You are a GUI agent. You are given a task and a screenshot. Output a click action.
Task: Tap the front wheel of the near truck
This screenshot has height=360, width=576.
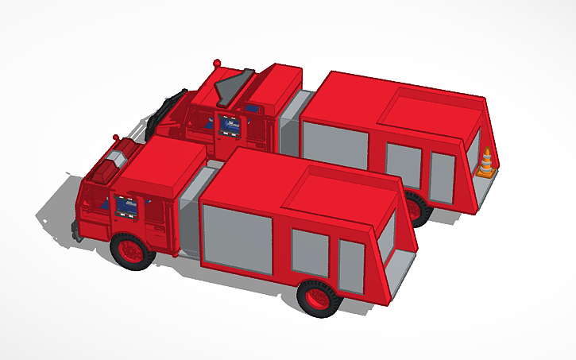tap(131, 250)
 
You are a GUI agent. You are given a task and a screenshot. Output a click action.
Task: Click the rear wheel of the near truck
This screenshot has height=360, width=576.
tap(319, 297)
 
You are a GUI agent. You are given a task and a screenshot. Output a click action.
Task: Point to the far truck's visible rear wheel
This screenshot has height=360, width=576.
tap(418, 208)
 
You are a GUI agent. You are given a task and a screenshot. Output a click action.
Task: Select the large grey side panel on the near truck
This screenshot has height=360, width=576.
tap(238, 238)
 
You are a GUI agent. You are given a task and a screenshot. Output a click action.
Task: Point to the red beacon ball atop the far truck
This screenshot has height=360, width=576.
tap(216, 62)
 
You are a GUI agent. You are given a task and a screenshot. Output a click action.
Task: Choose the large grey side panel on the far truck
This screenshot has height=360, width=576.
tap(334, 145)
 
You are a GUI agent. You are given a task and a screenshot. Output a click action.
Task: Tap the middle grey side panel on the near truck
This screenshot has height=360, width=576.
tap(309, 252)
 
